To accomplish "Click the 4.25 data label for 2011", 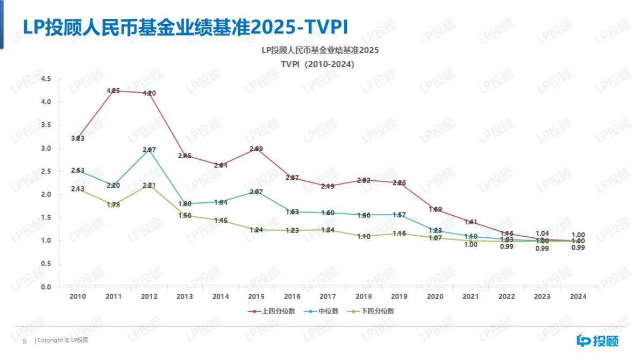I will [113, 91].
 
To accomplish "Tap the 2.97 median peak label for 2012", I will [150, 150].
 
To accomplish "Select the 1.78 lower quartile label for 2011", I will [113, 205].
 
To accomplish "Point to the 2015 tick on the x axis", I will [257, 297].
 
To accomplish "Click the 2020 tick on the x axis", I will [435, 297].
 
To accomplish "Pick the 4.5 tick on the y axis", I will [46, 79].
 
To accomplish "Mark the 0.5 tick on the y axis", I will [46, 264].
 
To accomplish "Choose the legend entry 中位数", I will [324, 311].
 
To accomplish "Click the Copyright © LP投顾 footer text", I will [62, 341].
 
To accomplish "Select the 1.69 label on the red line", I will [435, 209].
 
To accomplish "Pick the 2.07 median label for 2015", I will [257, 192].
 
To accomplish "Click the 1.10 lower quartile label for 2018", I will [364, 236].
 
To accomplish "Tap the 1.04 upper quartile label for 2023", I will [542, 234].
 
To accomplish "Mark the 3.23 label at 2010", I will [78, 138].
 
